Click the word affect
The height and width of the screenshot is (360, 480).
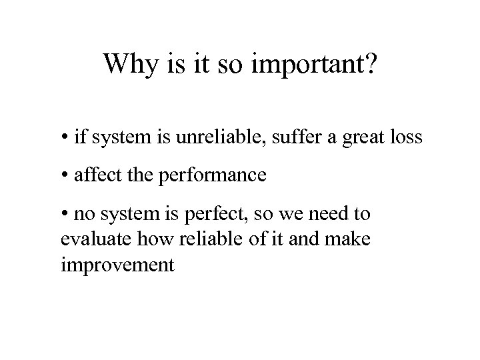pyautogui.click(x=93, y=176)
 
